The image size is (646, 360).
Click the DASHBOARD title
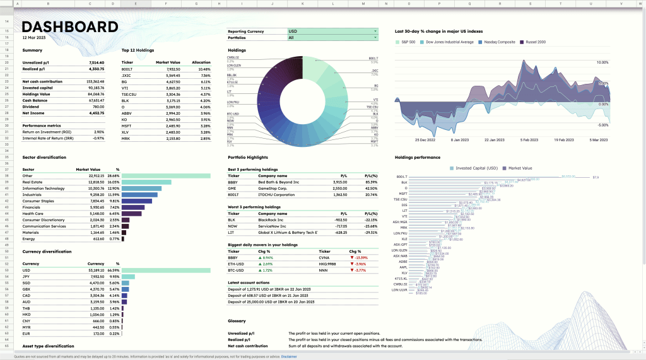point(70,27)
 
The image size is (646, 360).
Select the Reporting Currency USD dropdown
point(332,31)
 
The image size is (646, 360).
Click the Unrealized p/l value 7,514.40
point(96,63)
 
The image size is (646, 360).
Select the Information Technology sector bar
point(141,188)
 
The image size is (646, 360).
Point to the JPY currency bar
point(128,276)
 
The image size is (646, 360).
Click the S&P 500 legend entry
point(406,42)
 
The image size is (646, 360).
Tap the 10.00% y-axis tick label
point(602,63)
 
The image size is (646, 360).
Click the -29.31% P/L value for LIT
point(368,232)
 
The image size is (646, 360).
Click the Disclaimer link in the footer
point(289,356)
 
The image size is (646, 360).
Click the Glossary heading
point(237,321)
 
